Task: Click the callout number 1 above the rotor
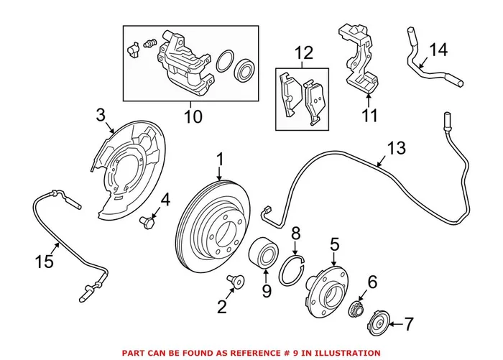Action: [221, 159]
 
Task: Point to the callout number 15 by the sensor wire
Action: [45, 261]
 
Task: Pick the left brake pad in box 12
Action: [289, 91]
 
